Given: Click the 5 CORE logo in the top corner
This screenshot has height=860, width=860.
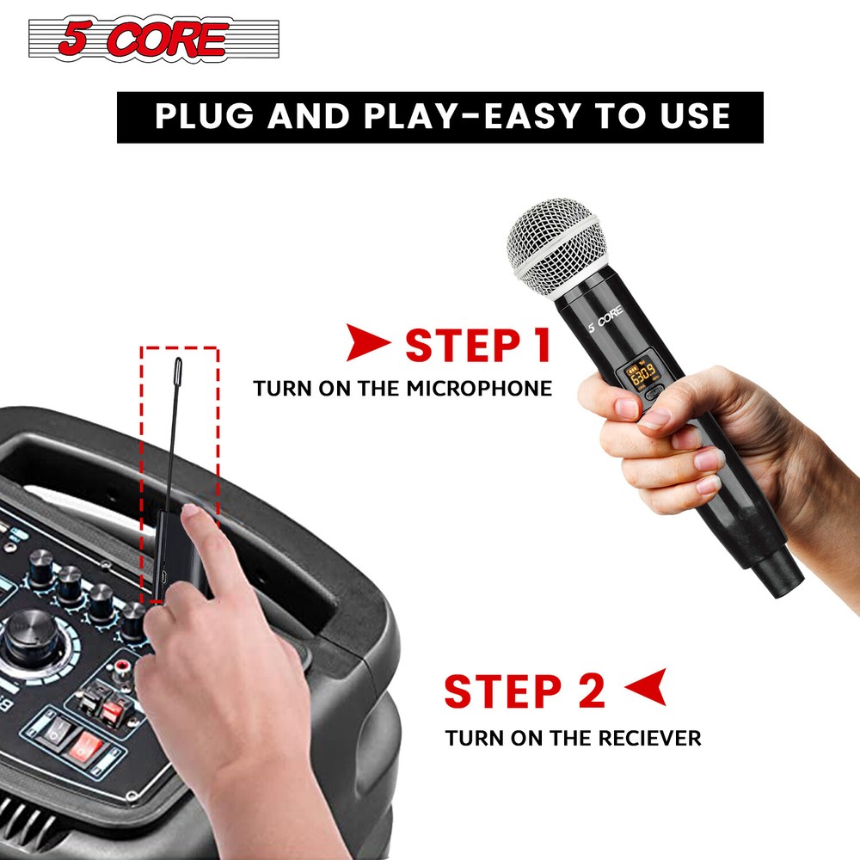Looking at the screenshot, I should (154, 40).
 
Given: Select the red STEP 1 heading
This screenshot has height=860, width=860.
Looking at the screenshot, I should (477, 345).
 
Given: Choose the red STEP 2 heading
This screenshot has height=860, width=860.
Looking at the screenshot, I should (525, 693).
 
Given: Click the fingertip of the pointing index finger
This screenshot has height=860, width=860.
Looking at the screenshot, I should (192, 514).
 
